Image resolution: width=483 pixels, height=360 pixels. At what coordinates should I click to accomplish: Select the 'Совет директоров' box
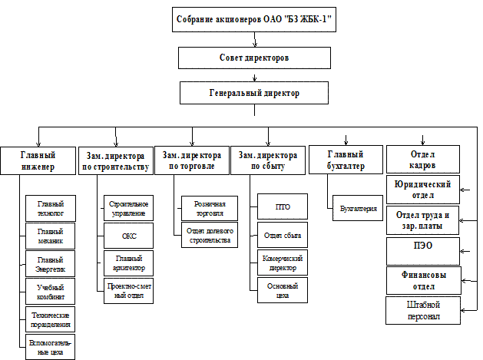(254, 58)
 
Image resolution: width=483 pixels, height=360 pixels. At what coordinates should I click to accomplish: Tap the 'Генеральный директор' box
(254, 93)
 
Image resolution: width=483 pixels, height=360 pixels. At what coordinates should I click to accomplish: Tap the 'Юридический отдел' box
(423, 189)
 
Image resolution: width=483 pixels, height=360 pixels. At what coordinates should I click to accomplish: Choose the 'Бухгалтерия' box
(359, 208)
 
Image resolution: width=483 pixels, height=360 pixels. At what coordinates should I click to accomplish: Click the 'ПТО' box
(282, 207)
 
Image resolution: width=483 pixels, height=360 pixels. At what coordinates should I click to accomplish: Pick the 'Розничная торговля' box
(209, 208)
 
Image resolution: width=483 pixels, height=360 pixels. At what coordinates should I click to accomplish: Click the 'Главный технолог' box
(50, 208)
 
